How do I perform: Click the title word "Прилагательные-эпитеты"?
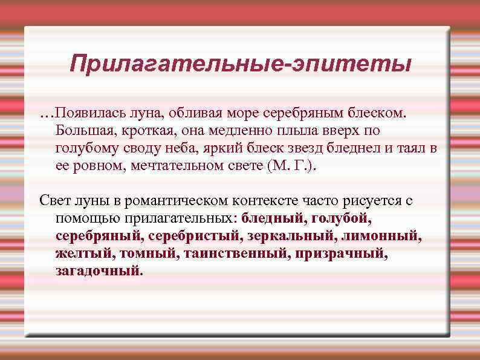click(240, 64)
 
